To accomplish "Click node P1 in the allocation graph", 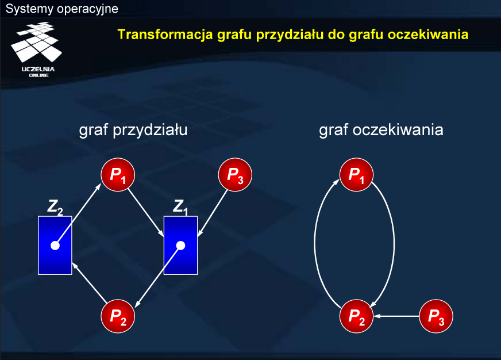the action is point(118,175).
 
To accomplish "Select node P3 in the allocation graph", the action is point(235,175).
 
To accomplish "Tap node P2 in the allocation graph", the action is point(118,316).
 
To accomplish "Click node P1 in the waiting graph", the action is point(357,175).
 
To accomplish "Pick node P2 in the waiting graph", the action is point(357,316).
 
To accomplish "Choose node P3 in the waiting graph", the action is point(436,316).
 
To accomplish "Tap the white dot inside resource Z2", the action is point(55,246).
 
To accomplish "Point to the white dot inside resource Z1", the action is point(180,246).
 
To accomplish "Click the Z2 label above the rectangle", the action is point(55,207).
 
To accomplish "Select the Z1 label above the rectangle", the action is point(180,207).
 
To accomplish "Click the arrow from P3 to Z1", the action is point(213,213).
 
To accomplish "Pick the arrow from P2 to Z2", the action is point(90,282).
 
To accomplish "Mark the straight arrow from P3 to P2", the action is point(396,316).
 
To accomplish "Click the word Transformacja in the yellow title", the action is point(165,34).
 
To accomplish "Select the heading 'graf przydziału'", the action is point(133,130).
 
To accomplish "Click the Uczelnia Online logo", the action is point(36,49).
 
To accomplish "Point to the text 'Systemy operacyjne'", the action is point(62,9).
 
